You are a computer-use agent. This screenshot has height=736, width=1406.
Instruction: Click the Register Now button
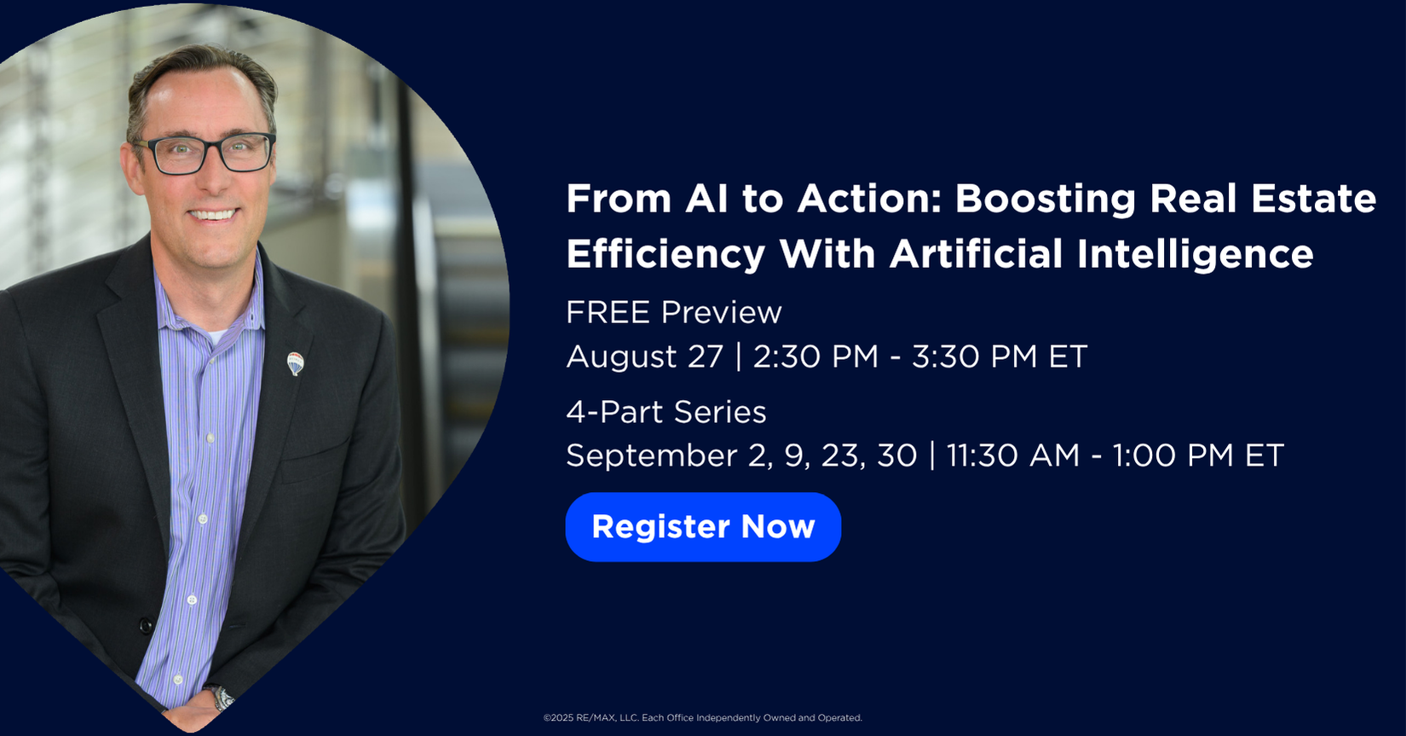pyautogui.click(x=703, y=527)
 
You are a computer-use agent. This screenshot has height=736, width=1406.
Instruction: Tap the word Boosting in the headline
pyautogui.click(x=1045, y=200)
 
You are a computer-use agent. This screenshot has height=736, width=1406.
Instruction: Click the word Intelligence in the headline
pyautogui.click(x=1195, y=255)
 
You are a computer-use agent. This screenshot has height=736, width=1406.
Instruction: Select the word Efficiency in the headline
pyautogui.click(x=666, y=255)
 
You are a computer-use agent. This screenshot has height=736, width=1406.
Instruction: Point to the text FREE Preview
pyautogui.click(x=673, y=312)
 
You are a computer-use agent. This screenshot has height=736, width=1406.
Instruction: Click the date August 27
pyautogui.click(x=644, y=357)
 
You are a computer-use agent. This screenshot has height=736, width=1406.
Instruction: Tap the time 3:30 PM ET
pyautogui.click(x=1000, y=356)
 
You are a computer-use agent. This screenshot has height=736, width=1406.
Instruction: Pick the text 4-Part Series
pyautogui.click(x=666, y=413)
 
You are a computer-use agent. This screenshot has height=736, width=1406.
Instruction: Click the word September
pyautogui.click(x=652, y=456)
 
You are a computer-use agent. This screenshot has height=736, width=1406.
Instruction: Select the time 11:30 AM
pyautogui.click(x=1012, y=455)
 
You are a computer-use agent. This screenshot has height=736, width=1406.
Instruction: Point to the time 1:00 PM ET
pyautogui.click(x=1197, y=455)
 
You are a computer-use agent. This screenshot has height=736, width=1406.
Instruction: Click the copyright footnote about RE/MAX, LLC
pyautogui.click(x=702, y=718)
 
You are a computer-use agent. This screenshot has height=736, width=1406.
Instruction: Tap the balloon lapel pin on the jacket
pyautogui.click(x=295, y=363)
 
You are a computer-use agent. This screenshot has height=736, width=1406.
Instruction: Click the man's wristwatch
pyautogui.click(x=221, y=697)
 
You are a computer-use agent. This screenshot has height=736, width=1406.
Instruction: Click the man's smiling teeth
pyautogui.click(x=213, y=215)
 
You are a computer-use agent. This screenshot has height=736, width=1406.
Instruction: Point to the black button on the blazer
pyautogui.click(x=146, y=625)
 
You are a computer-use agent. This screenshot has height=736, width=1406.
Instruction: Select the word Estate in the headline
pyautogui.click(x=1313, y=200)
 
